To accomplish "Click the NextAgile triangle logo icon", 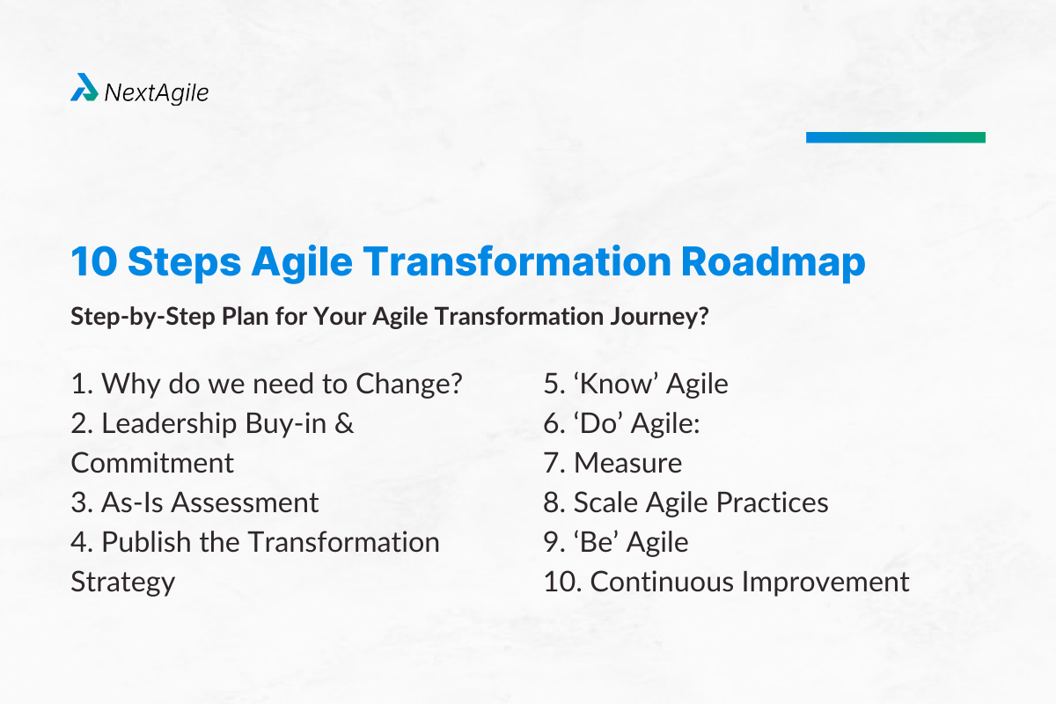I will point(84,88).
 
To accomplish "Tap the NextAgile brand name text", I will point(156,91).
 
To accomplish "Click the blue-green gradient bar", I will point(895,137).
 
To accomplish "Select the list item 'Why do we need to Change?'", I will point(267,384).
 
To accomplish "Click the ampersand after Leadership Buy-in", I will point(345,423).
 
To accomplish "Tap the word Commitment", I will point(152,463).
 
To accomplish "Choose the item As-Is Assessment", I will point(194,502).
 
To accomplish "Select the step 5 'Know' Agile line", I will point(635,384).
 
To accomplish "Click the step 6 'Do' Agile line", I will point(621,423).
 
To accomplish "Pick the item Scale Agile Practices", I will point(686,502).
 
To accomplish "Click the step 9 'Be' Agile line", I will point(615,542).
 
